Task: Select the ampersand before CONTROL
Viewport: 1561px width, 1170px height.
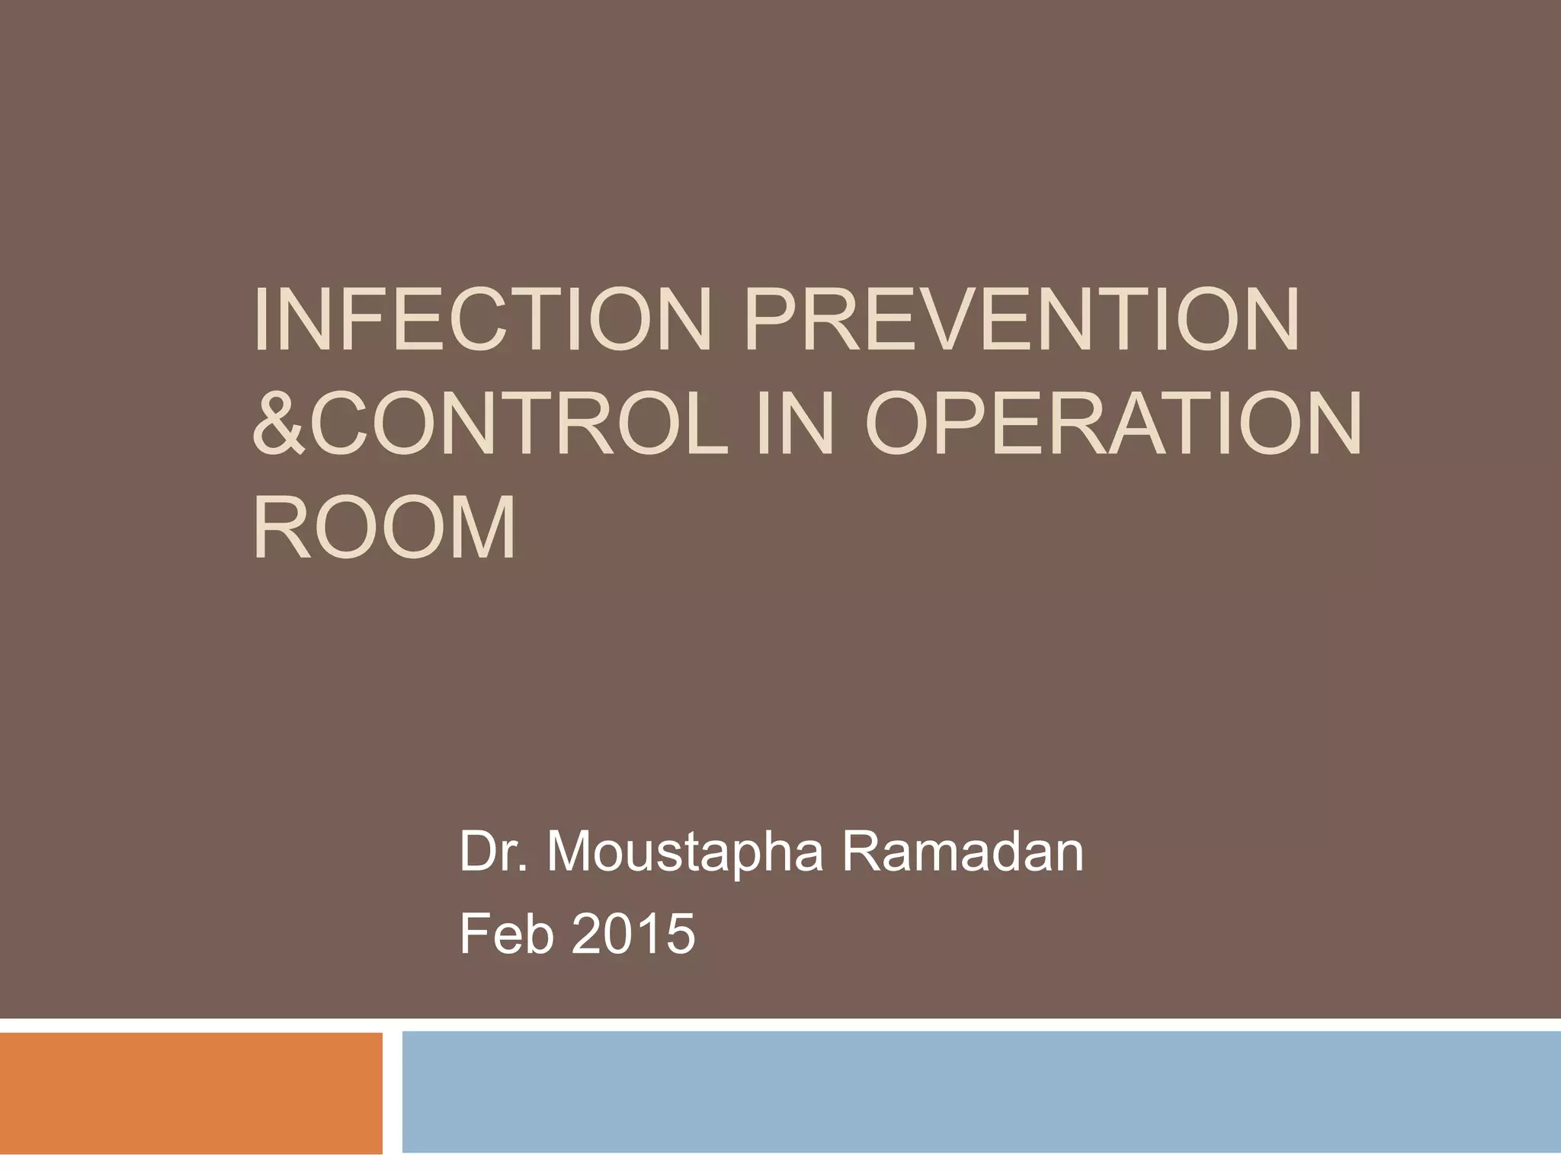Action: pyautogui.click(x=278, y=422)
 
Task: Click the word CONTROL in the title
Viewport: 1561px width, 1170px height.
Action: pyautogui.click(x=518, y=422)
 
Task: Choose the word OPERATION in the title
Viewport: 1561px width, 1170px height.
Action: pyautogui.click(x=1113, y=422)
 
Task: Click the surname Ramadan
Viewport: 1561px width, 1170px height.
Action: pyautogui.click(x=962, y=852)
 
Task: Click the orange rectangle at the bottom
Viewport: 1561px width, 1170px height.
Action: pyautogui.click(x=191, y=1092)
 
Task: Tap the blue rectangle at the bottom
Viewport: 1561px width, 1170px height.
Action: pyautogui.click(x=981, y=1092)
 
